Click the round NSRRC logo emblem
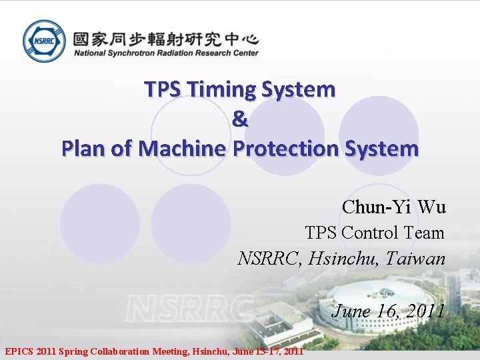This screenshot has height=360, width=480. click(44, 41)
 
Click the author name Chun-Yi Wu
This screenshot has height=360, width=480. click(393, 207)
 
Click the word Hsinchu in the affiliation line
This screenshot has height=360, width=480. click(344, 258)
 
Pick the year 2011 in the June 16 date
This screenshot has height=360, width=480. click(425, 311)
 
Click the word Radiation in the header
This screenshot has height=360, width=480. click(180, 53)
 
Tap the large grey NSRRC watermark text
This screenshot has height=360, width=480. click(190, 308)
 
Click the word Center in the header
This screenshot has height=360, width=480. click(244, 53)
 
